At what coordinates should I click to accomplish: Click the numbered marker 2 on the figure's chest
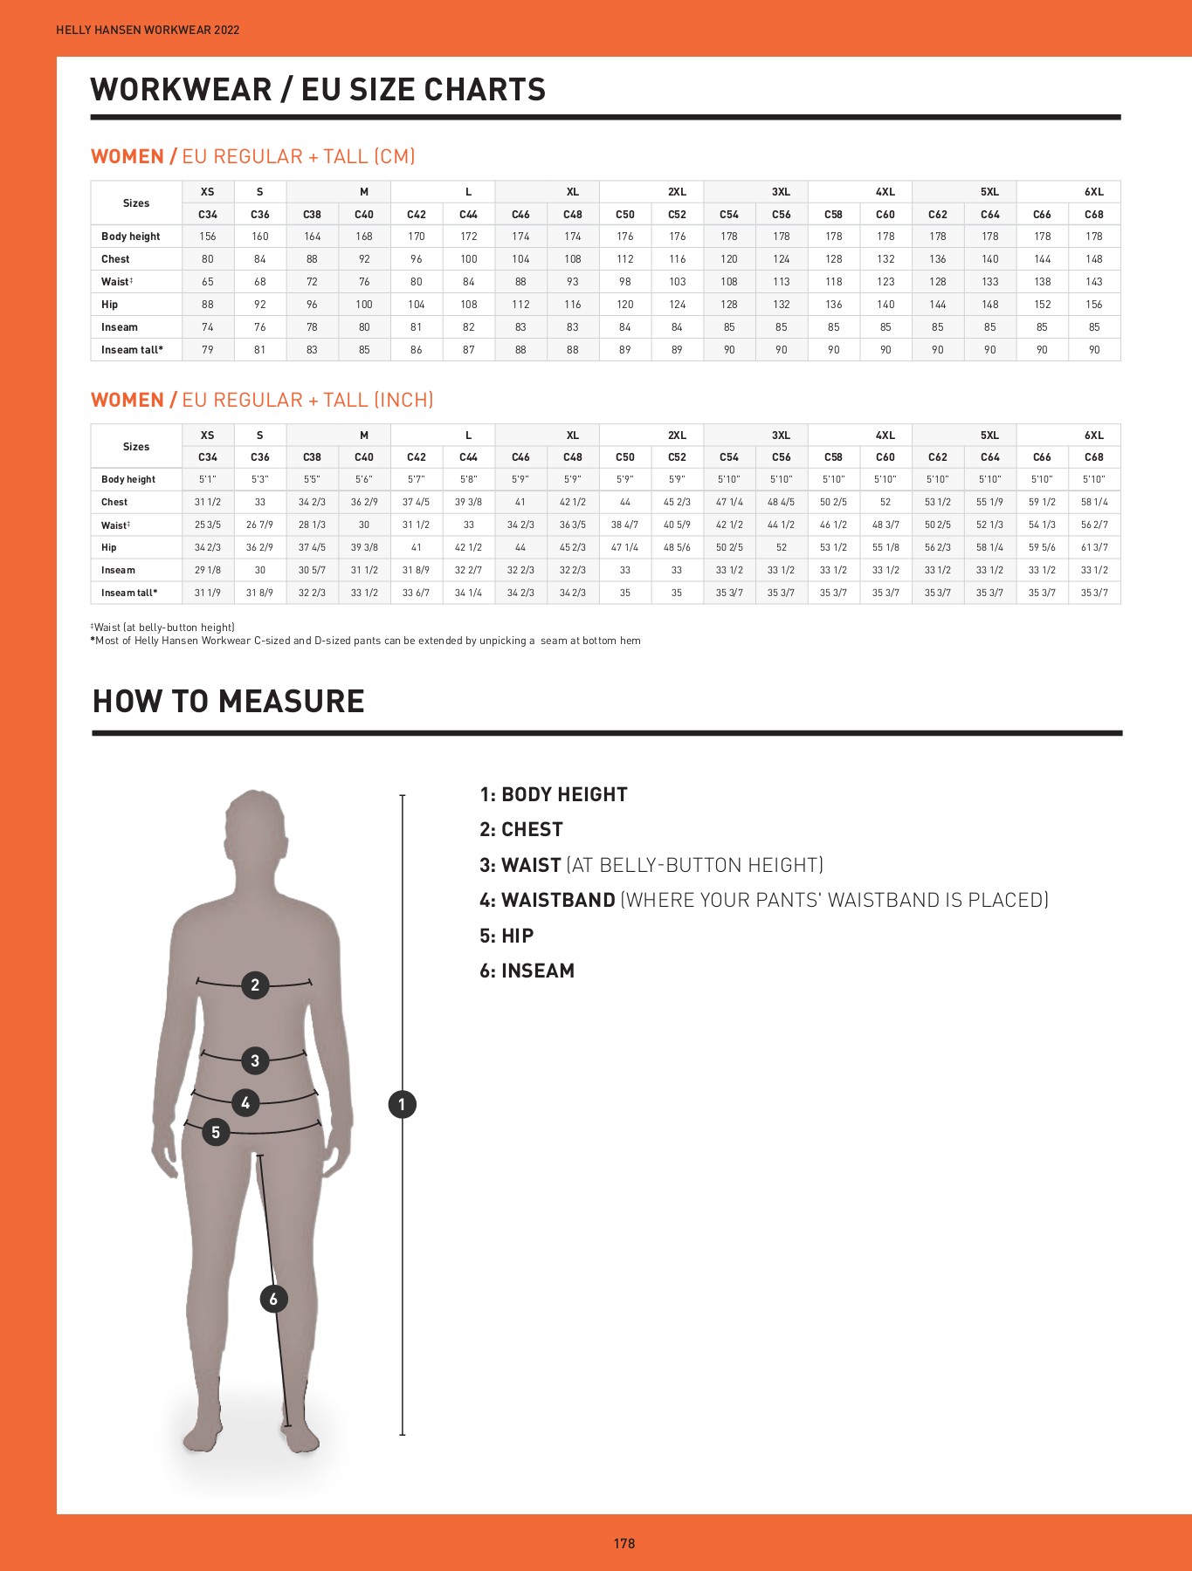(255, 985)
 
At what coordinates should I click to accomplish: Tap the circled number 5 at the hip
(216, 1133)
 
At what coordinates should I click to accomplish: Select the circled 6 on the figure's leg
(273, 1300)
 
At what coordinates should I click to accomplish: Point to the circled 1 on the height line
(402, 1105)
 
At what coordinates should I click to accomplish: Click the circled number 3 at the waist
(255, 1060)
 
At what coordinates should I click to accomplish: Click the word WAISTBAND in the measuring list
(559, 900)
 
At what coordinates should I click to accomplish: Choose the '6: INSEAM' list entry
(527, 971)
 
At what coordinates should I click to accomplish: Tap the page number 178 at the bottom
(624, 1543)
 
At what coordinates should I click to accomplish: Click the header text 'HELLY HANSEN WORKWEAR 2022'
(148, 30)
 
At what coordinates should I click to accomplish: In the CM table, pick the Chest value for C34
(208, 259)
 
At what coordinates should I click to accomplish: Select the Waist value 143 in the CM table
(1094, 282)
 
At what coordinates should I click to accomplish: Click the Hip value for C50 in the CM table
(625, 305)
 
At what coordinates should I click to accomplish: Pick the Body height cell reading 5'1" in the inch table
(208, 479)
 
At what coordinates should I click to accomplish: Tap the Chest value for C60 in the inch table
(885, 502)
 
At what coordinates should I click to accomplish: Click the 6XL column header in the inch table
(1094, 435)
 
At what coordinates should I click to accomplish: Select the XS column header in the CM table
(208, 192)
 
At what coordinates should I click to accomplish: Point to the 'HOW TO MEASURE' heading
(229, 702)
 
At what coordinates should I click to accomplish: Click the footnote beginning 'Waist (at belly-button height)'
(163, 628)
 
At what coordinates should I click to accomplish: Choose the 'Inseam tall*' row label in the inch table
(129, 593)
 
